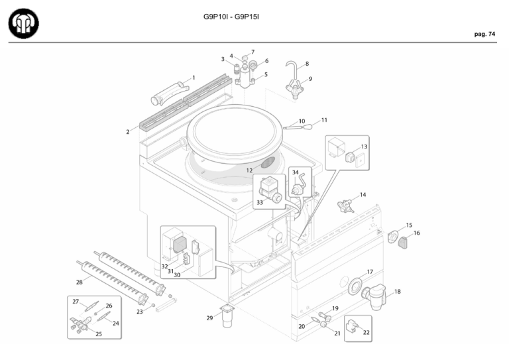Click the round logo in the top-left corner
(23, 23)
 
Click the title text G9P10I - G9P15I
(231, 15)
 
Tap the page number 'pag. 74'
(484, 34)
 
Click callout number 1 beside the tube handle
(194, 78)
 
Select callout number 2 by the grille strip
(128, 132)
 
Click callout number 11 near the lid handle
(324, 120)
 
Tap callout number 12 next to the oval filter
(250, 170)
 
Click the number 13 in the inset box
(365, 147)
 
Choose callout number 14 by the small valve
(363, 195)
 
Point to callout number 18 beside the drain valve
(397, 291)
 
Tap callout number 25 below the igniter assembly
(99, 334)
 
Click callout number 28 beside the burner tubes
(80, 282)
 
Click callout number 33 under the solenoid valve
(260, 202)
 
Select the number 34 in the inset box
(295, 172)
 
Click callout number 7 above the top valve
(253, 51)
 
